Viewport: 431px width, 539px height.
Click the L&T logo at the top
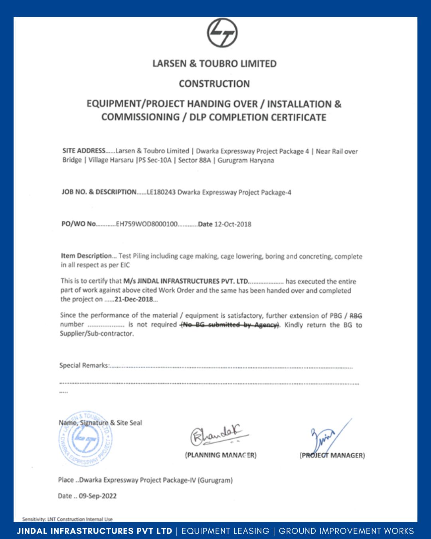pos(222,33)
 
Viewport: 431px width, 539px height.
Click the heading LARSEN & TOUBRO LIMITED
pos(215,63)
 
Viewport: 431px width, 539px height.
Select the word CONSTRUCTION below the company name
pos(214,84)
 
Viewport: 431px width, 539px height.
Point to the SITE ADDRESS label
pos(84,151)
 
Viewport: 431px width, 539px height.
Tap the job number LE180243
pos(161,192)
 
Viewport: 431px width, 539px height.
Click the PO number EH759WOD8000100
pos(146,224)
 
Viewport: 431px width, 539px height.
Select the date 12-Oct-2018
pos(233,224)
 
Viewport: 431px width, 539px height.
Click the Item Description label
pos(86,256)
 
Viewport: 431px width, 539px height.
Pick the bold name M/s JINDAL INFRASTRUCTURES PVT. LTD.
pos(186,281)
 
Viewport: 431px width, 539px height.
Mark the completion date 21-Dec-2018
pos(134,299)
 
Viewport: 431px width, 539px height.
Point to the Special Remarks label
pos(84,365)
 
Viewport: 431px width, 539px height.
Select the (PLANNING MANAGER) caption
pos(221,455)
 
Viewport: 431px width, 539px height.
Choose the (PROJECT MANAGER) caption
pos(332,456)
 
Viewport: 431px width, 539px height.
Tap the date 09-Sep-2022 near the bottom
pos(98,496)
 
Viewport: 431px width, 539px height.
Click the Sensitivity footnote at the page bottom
pos(67,519)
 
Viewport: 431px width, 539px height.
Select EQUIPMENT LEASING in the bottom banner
pos(225,531)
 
